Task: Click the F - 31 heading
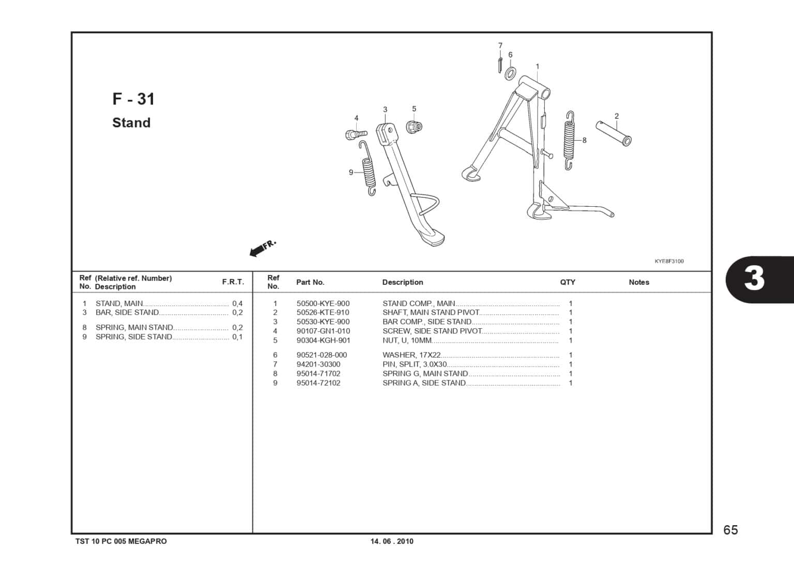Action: (x=133, y=99)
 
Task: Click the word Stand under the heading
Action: (x=131, y=123)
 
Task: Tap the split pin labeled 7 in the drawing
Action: (x=500, y=65)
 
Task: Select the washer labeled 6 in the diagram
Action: (x=510, y=73)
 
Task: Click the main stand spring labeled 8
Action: (x=569, y=140)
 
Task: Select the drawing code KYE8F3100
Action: (x=669, y=262)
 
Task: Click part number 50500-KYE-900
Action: (x=323, y=304)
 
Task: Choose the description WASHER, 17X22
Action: (x=411, y=355)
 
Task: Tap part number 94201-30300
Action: (x=318, y=364)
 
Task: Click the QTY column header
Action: (x=568, y=282)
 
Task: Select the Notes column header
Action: (x=639, y=282)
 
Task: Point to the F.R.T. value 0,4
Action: (x=237, y=304)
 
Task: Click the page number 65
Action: (x=730, y=530)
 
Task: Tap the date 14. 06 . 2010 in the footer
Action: (x=392, y=542)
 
